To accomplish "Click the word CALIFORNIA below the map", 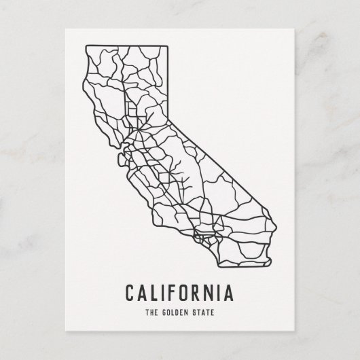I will click(x=179, y=293).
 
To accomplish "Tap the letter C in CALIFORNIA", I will click(x=129, y=293).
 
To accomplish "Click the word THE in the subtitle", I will click(x=151, y=313).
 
